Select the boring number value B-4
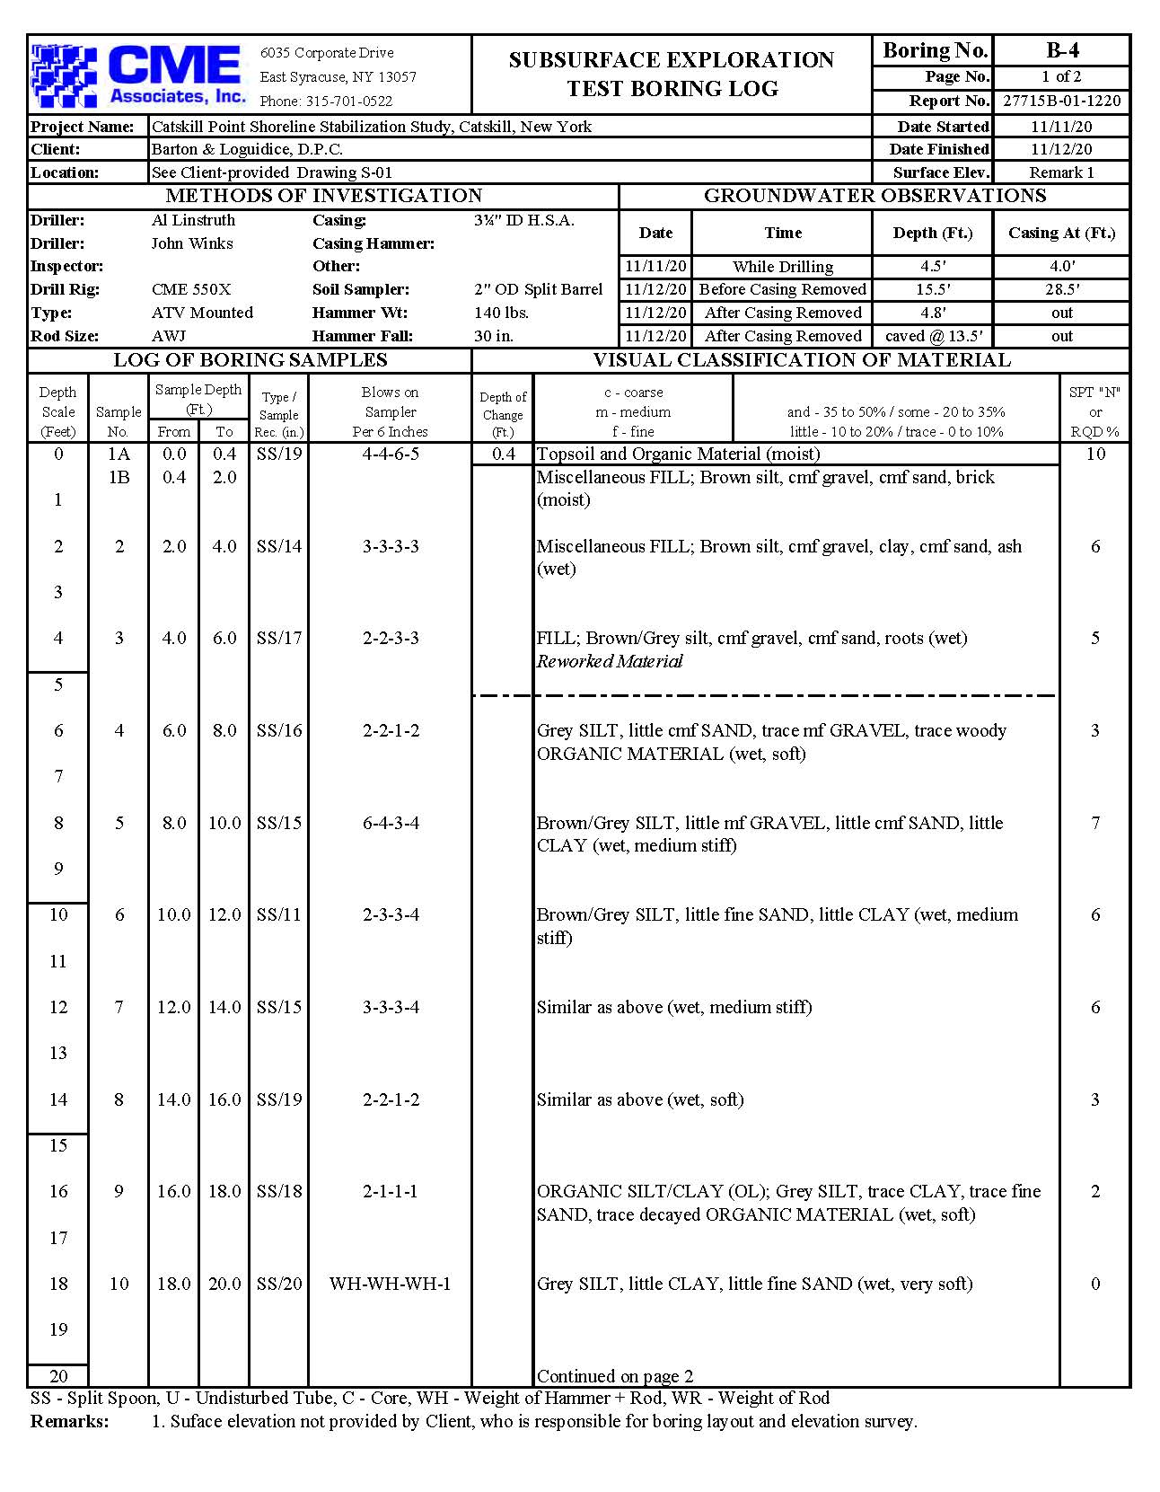tap(1061, 50)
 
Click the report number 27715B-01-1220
tap(1061, 101)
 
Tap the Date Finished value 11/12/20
tap(1061, 149)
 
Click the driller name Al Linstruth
tap(193, 220)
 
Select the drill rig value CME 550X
tap(191, 289)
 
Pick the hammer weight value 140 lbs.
tap(501, 313)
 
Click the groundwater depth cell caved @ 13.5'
tap(933, 336)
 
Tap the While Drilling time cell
tap(782, 267)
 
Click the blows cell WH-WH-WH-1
tap(390, 1284)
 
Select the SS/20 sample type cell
tap(279, 1284)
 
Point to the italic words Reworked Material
tap(610, 662)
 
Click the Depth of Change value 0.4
tap(503, 454)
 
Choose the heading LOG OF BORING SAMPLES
tap(250, 360)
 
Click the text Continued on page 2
tap(614, 1376)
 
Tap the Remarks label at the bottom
tap(69, 1421)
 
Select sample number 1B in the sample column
tap(119, 477)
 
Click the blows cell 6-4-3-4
tap(390, 823)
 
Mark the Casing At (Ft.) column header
tap(1061, 233)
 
